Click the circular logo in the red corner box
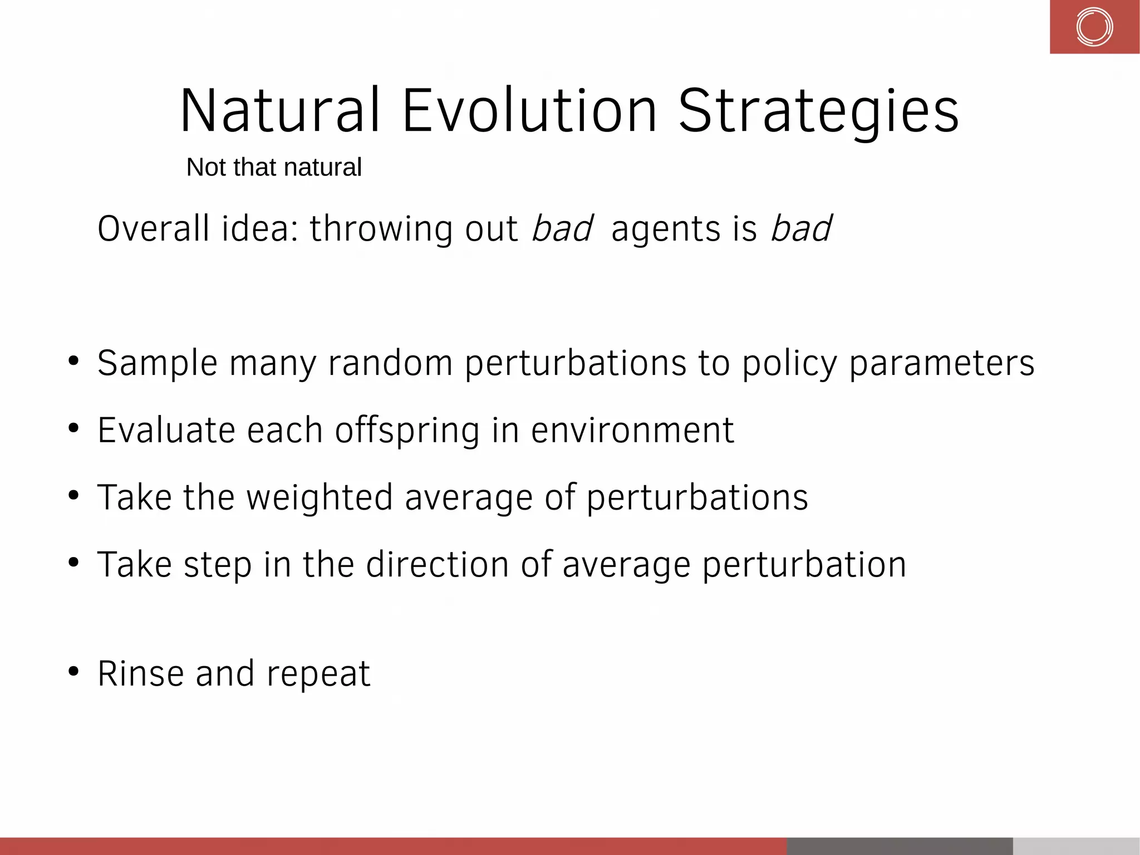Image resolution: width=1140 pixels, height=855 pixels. click(x=1094, y=27)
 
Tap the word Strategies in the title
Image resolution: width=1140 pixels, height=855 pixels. click(x=818, y=113)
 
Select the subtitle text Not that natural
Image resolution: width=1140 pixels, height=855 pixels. click(x=274, y=167)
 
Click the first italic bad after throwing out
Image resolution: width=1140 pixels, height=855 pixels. click(x=562, y=228)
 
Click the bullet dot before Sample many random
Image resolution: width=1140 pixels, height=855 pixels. click(x=73, y=361)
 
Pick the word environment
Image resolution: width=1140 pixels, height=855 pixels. click(x=632, y=431)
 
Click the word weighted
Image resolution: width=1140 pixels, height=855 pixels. click(x=320, y=497)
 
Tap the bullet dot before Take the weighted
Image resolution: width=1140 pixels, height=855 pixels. click(x=73, y=495)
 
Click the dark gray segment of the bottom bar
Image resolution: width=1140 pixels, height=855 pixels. click(x=900, y=846)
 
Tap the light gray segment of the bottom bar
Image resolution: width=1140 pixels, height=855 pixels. click(x=1075, y=846)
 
